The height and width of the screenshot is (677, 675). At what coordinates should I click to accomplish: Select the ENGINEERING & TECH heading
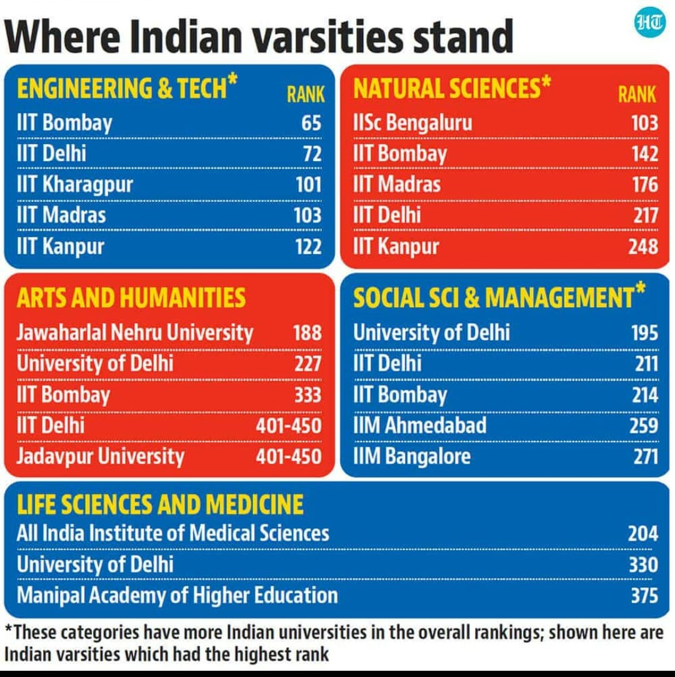click(x=121, y=88)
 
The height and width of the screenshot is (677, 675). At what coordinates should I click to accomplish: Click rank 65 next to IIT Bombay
click(x=311, y=123)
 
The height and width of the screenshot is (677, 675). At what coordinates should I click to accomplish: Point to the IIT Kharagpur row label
click(x=74, y=185)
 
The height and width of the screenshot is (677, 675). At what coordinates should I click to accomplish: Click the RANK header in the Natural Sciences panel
click(x=637, y=94)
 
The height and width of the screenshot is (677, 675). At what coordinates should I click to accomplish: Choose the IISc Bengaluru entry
click(x=412, y=123)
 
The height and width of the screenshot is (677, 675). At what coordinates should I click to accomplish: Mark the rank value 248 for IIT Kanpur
click(x=643, y=246)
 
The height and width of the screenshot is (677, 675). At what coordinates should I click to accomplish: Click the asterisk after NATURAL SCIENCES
click(x=546, y=82)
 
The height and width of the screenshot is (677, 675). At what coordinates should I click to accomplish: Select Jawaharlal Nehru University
click(x=134, y=332)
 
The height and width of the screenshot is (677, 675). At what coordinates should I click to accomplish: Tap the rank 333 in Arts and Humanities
click(x=307, y=395)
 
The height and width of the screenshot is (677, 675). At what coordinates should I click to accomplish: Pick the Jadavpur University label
click(x=100, y=456)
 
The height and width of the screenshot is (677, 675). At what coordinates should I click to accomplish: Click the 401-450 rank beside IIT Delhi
click(x=288, y=425)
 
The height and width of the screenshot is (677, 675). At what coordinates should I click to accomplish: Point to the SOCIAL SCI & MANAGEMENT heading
click(x=493, y=299)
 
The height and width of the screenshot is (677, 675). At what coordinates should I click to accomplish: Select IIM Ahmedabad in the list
click(x=419, y=425)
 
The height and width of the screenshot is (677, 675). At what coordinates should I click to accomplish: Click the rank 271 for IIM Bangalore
click(x=645, y=456)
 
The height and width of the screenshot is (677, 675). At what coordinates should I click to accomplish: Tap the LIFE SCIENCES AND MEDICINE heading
click(x=160, y=504)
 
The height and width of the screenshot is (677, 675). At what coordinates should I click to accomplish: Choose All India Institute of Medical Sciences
click(x=172, y=533)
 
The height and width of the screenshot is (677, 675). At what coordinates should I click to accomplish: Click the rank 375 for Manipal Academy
click(x=644, y=595)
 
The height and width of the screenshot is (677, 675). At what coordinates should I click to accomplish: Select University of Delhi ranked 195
click(x=431, y=332)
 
